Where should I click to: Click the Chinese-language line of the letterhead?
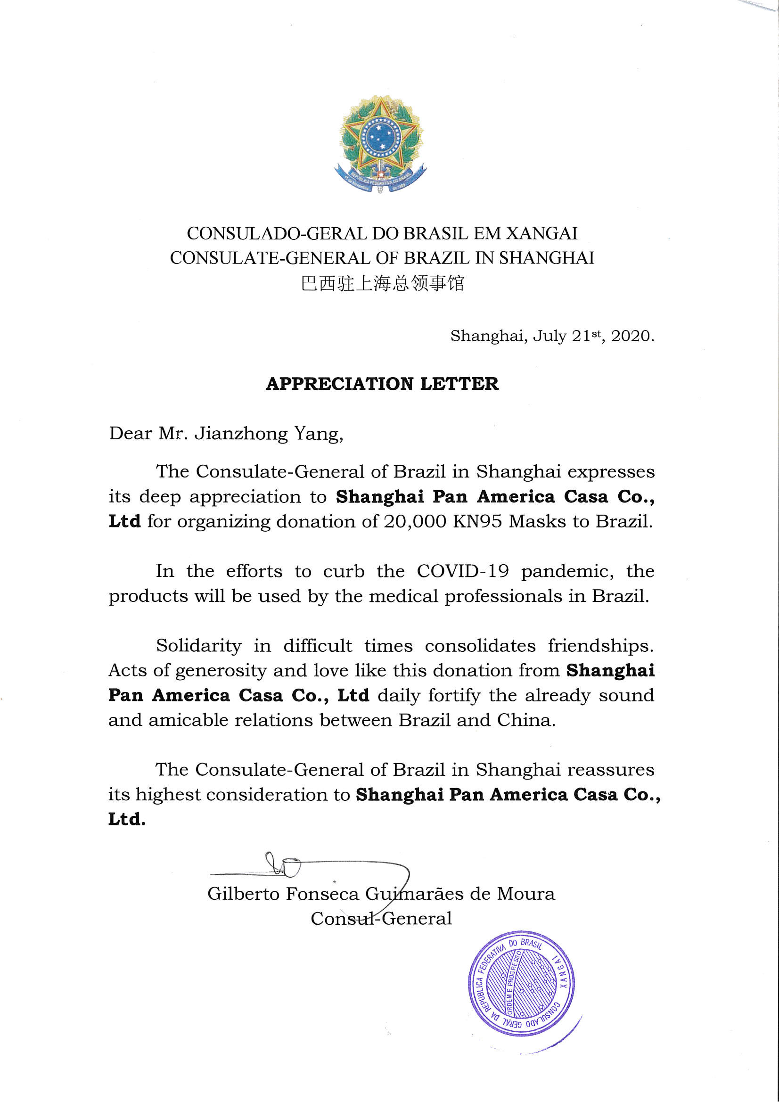[382, 283]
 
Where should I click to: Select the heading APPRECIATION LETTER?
[382, 384]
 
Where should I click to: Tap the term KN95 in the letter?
[477, 522]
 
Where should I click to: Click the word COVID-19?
[462, 571]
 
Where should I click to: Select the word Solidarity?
[198, 646]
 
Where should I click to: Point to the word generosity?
[221, 671]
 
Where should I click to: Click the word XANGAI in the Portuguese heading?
[541, 234]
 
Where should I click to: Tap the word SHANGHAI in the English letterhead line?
[546, 258]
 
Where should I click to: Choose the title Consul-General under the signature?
[381, 919]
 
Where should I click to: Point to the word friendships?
[600, 646]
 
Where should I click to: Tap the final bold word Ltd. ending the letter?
[127, 819]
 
